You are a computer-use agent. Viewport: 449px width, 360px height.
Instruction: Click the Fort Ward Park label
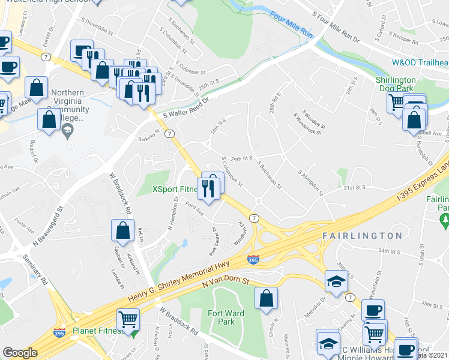(x=221, y=317)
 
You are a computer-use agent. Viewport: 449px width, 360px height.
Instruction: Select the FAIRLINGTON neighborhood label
(x=361, y=236)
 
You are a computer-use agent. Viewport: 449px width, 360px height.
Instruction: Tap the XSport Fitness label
(x=175, y=190)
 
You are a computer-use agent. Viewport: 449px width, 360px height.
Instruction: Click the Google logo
(x=20, y=353)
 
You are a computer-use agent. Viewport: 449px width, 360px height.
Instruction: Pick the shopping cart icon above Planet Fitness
(x=128, y=319)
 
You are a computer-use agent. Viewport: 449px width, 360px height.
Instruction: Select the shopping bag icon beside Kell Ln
(x=122, y=230)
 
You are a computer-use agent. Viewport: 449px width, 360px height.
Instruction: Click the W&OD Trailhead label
(x=420, y=62)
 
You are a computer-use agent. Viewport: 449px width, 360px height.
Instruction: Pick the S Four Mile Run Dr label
(x=336, y=25)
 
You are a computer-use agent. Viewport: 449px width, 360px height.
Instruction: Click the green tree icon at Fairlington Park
(x=444, y=221)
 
